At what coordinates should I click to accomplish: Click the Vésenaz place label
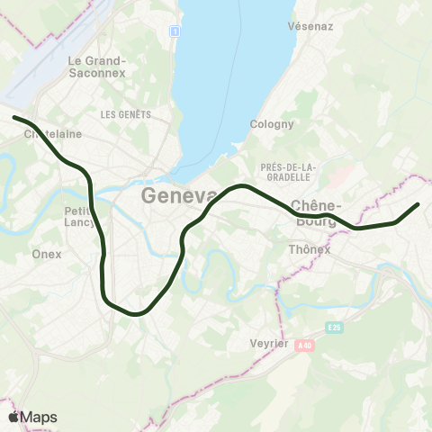pyautogui.click(x=311, y=26)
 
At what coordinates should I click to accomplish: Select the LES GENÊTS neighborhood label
pyautogui.click(x=125, y=114)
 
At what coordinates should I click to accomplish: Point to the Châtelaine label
pyautogui.click(x=52, y=134)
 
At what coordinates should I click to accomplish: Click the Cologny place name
pyautogui.click(x=272, y=124)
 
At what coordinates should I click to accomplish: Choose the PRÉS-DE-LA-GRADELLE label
pyautogui.click(x=288, y=174)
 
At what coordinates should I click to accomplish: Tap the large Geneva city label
pyautogui.click(x=179, y=196)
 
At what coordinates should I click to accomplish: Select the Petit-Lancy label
pyautogui.click(x=79, y=217)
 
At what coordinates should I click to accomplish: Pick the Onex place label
pyautogui.click(x=47, y=254)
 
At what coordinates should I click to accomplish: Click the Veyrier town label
pyautogui.click(x=267, y=343)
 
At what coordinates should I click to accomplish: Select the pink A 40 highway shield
pyautogui.click(x=305, y=345)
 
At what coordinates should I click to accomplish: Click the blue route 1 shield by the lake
pyautogui.click(x=175, y=31)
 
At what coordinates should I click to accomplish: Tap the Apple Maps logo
pyautogui.click(x=32, y=417)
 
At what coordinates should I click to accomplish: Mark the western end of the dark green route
pyautogui.click(x=14, y=117)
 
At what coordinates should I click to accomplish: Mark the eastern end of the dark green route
pyautogui.click(x=418, y=205)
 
